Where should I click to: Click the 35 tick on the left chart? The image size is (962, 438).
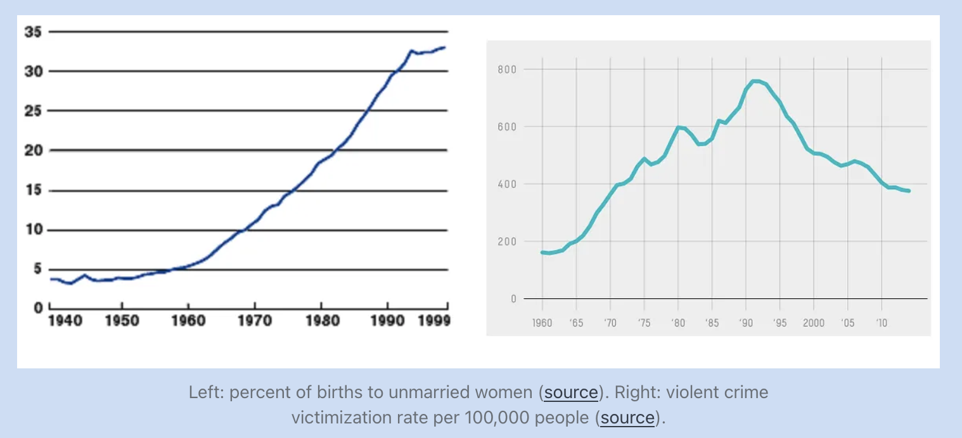point(32,32)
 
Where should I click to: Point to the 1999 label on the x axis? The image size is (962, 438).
point(434,321)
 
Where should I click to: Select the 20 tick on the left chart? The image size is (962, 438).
point(32,151)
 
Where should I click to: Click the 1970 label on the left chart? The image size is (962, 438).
point(254,321)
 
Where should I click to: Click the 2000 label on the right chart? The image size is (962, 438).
point(814,323)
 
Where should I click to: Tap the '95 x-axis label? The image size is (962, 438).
point(779,323)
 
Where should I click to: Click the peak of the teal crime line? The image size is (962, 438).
point(755,81)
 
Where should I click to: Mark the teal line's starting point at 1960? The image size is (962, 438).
point(542,253)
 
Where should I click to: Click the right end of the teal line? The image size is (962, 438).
point(909,191)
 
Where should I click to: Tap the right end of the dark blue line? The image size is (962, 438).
point(445,47)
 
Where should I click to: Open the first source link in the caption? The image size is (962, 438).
point(571,392)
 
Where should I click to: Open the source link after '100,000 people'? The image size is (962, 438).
point(627,418)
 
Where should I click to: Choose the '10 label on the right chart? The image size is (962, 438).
point(882,323)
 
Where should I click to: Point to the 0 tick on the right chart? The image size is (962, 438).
point(514,299)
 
